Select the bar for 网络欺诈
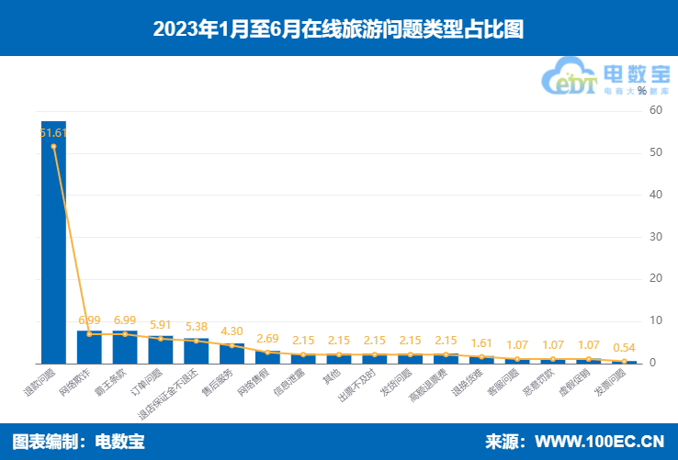89,347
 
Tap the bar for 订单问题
161,350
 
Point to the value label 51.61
54,133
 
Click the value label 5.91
161,324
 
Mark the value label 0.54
625,347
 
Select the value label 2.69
268,338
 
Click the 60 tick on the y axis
655,110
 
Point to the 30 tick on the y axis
655,237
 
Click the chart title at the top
338,28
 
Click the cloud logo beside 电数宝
572,77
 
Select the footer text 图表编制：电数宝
78,441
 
